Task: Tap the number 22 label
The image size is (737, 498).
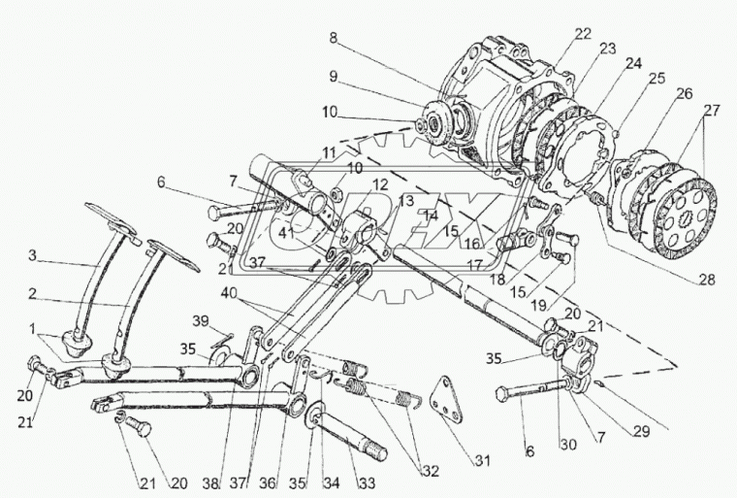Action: pos(581,33)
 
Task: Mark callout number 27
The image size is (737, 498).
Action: pos(712,110)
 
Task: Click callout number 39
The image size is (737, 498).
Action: pos(199,321)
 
